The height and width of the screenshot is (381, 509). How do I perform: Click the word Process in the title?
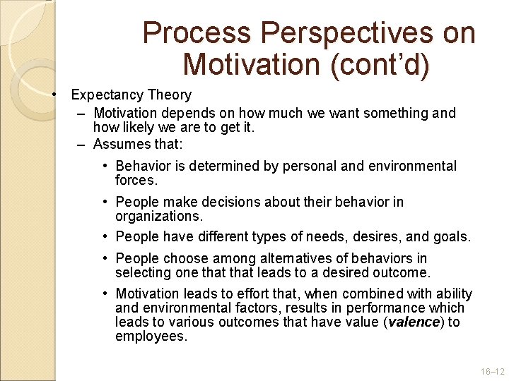click(197, 33)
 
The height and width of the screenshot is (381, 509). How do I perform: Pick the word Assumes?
click(118, 144)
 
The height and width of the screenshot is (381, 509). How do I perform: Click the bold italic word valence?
click(413, 322)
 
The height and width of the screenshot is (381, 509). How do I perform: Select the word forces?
click(136, 180)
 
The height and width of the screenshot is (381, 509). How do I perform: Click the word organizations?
click(158, 216)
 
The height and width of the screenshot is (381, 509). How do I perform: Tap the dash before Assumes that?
click(81, 144)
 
